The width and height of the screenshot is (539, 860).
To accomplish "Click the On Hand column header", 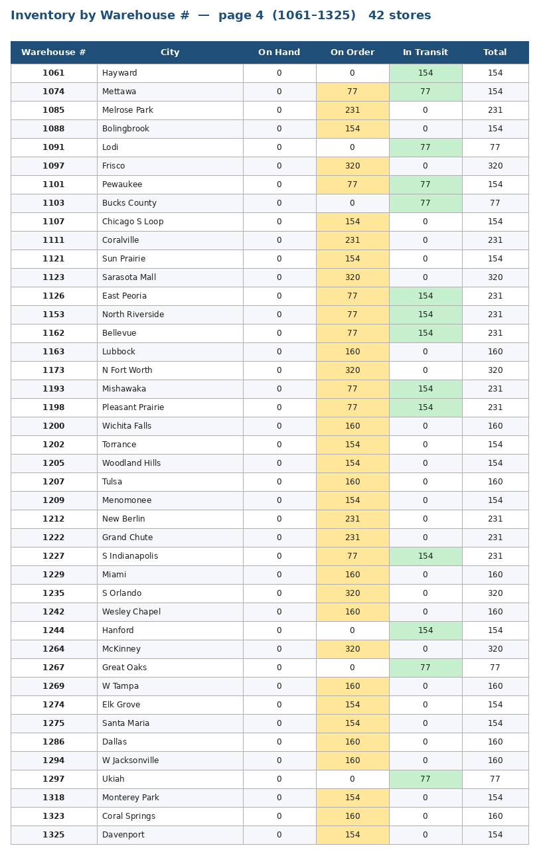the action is (279, 52).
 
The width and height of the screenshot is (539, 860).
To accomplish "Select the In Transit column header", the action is (425, 52).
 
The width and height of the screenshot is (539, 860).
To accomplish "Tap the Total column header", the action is (495, 52).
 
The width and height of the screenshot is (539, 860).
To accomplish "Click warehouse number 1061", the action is (53, 73).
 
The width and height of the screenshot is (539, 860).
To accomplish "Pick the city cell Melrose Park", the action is (127, 110).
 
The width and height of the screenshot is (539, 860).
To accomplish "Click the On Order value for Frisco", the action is (352, 166).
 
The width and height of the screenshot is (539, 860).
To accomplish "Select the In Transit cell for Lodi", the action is (425, 147).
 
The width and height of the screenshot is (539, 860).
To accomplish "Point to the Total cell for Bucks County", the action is (495, 203).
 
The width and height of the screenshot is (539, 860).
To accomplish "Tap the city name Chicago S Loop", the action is (133, 222).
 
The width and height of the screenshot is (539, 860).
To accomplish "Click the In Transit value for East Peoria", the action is (425, 296).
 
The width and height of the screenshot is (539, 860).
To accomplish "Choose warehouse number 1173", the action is (53, 370).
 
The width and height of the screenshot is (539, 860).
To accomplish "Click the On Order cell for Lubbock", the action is (352, 352).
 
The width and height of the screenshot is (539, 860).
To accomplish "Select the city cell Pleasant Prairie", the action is (133, 407).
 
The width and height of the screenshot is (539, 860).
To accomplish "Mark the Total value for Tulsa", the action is (495, 482).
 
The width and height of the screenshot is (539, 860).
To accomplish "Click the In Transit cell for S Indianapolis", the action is (425, 556).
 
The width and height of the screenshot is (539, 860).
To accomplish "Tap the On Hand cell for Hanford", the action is (279, 630).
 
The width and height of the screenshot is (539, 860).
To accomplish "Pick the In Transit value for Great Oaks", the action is (425, 668).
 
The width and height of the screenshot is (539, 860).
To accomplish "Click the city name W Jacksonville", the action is (130, 760).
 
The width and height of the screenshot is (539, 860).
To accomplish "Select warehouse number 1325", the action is (53, 835).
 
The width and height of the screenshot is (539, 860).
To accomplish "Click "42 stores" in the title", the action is (400, 15).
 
